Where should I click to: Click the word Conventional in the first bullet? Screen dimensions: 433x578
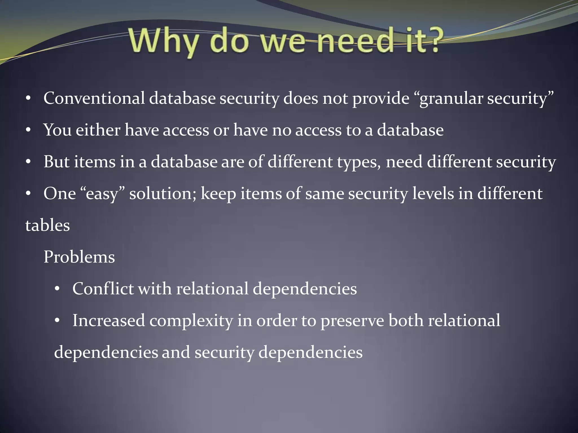click(94, 98)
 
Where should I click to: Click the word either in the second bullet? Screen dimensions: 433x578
click(98, 130)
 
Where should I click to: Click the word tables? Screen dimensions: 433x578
click(48, 226)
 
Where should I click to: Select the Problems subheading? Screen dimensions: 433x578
click(79, 257)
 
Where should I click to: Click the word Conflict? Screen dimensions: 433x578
click(103, 289)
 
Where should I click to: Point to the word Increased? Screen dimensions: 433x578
click(109, 321)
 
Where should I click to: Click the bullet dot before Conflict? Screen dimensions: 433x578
click(57, 289)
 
